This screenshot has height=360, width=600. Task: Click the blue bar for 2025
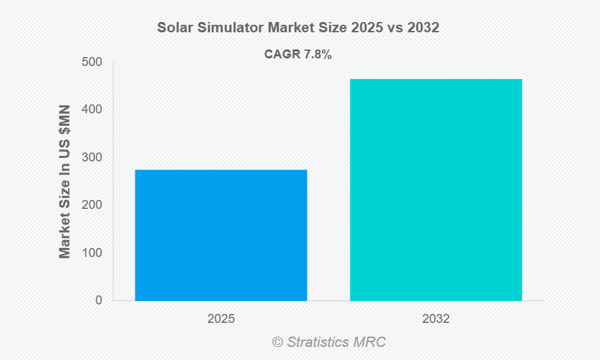point(221,235)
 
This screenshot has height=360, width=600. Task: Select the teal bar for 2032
point(436,190)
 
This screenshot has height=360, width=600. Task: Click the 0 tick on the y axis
point(99,300)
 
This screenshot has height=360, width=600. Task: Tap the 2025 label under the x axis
point(221,319)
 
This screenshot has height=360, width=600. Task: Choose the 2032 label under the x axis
point(436,319)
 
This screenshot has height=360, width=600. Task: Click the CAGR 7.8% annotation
point(298,55)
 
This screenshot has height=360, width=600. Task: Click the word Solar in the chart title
point(175,28)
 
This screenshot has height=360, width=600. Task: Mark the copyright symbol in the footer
point(278,341)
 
